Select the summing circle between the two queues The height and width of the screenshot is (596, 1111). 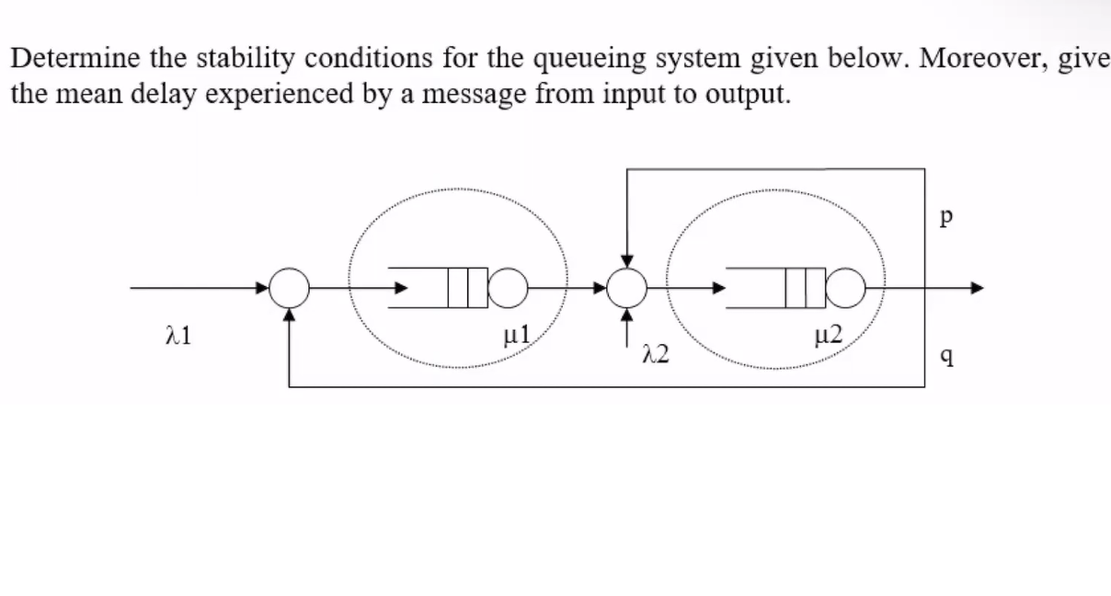point(627,289)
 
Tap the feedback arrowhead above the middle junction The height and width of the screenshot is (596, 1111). point(627,265)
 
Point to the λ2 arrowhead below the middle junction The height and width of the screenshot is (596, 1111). point(627,315)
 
